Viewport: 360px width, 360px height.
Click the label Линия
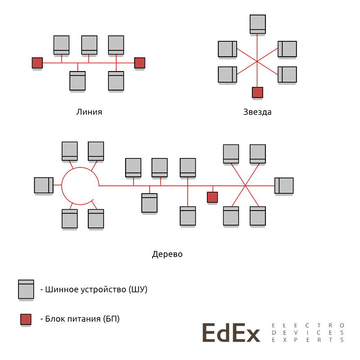pyautogui.click(x=89, y=112)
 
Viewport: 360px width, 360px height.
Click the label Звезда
pyautogui.click(x=257, y=112)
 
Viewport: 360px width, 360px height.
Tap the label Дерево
pyautogui.click(x=167, y=254)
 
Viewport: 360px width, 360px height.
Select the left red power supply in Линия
pyautogui.click(x=37, y=63)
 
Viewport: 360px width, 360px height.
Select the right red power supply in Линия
pyautogui.click(x=139, y=63)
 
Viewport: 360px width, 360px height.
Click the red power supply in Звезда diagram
pyautogui.click(x=257, y=92)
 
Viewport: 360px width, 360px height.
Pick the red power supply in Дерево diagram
pyautogui.click(x=212, y=197)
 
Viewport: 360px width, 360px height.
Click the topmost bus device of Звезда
pyautogui.click(x=257, y=24)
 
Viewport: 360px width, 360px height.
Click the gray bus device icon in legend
pyautogui.click(x=26, y=289)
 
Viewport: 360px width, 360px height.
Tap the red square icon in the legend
pyautogui.click(x=26, y=319)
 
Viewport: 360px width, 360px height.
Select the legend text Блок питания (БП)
pyautogui.click(x=83, y=319)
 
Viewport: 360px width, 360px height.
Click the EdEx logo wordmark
pyautogui.click(x=231, y=333)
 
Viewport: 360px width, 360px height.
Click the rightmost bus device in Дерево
pyautogui.click(x=284, y=185)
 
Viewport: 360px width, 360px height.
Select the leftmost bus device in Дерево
pyautogui.click(x=44, y=185)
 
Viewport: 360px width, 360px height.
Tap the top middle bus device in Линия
pyautogui.click(x=89, y=45)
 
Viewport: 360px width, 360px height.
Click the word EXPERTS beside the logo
pyautogui.click(x=308, y=340)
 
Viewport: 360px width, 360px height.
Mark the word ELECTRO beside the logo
pyautogui.click(x=308, y=324)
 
